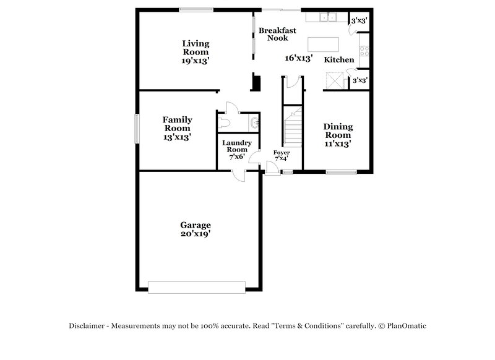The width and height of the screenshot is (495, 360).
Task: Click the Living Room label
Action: coord(196,52)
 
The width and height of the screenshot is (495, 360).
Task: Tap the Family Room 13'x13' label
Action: coord(177,128)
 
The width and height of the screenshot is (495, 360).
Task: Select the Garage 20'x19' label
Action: coord(196,229)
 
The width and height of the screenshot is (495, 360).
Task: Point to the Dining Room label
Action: coord(338,135)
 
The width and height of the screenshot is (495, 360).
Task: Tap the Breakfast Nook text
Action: coord(277,34)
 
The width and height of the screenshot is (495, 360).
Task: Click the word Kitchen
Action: coord(339,60)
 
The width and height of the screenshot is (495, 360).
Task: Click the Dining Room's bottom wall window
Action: coord(339,172)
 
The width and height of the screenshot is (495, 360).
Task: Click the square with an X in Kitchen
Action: coord(335,81)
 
